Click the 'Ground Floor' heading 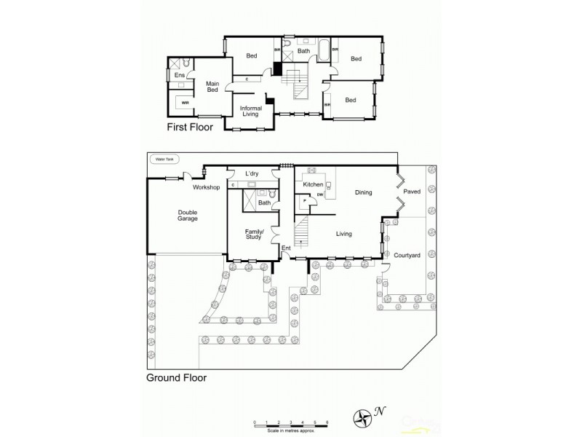(x=177, y=378)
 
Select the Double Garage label (x=187, y=216)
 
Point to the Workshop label (x=206, y=187)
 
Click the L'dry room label (x=252, y=173)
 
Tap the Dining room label (x=363, y=193)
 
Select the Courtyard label (x=406, y=255)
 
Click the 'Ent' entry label (x=286, y=247)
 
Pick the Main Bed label (x=212, y=87)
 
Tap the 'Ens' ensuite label (x=178, y=75)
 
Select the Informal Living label (x=251, y=111)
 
